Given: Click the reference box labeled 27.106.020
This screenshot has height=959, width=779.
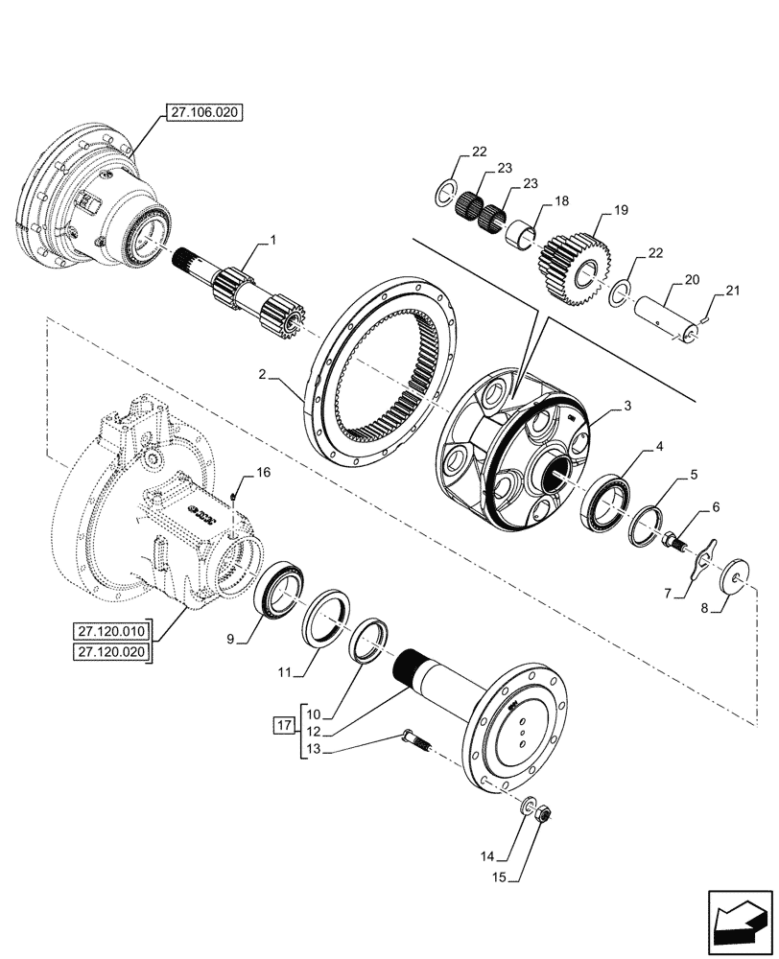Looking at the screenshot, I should click(204, 112).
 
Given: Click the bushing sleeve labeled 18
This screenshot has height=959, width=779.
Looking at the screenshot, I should click(521, 234).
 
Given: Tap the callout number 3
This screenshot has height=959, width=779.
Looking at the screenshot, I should click(626, 407).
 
